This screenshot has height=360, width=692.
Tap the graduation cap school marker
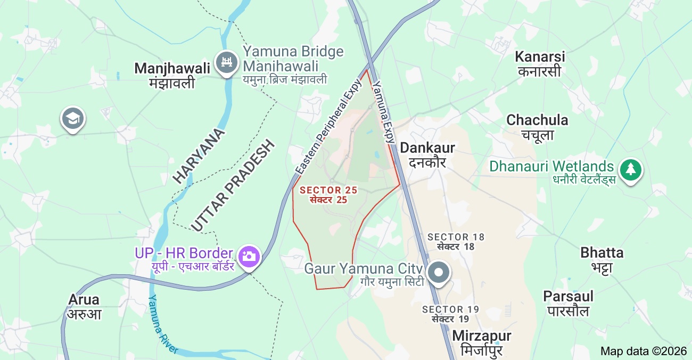click(73, 119)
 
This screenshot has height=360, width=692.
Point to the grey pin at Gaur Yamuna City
click(439, 272)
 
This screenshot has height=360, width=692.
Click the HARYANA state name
click(199, 156)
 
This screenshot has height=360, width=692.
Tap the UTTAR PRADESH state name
click(233, 186)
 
